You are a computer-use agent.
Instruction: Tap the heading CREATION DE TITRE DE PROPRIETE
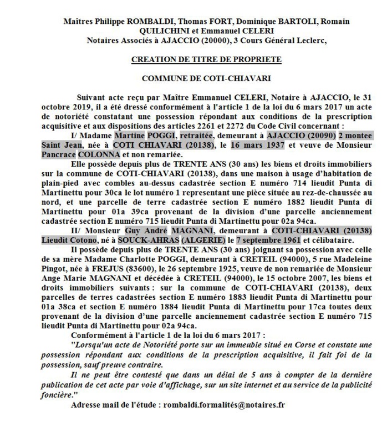[x=206, y=59]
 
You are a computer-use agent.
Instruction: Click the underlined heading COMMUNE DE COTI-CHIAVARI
[x=206, y=78]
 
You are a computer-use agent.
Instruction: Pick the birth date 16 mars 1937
[x=256, y=146]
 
